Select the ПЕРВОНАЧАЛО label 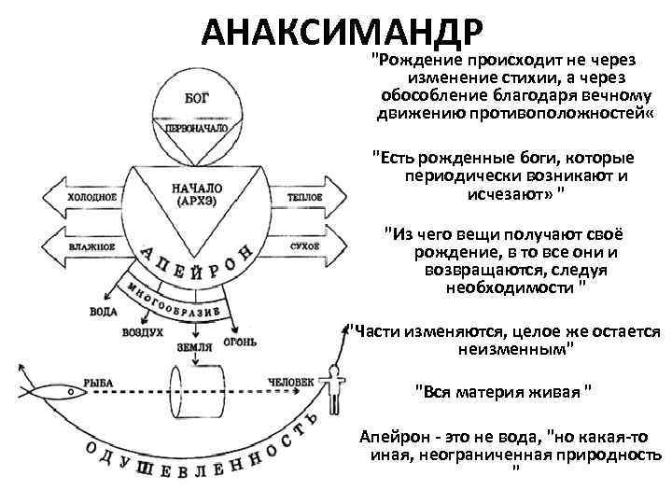pyautogui.click(x=197, y=128)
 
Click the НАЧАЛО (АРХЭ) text pyautogui.click(x=197, y=193)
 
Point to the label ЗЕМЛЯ pyautogui.click(x=195, y=346)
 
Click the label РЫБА pyautogui.click(x=98, y=381)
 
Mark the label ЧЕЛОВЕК pyautogui.click(x=284, y=381)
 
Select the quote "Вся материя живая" pyautogui.click(x=503, y=389)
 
